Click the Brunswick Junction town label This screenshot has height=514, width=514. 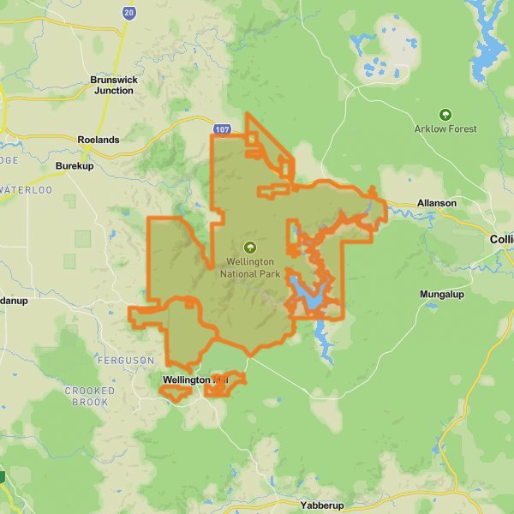pos(112,85)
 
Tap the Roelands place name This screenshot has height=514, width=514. pos(99,139)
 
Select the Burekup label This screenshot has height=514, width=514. pos(73,165)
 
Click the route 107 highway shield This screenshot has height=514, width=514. pos(223,129)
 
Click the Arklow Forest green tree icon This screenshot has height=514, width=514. pos(445,114)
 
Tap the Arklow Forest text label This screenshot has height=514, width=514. pos(445,129)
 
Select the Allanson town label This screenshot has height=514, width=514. pos(437,203)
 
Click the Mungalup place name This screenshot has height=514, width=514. pos(442,295)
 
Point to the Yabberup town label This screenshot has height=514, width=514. pos(324,505)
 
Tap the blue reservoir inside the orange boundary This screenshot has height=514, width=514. pos(307,295)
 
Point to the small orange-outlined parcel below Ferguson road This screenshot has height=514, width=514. pos(176,393)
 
